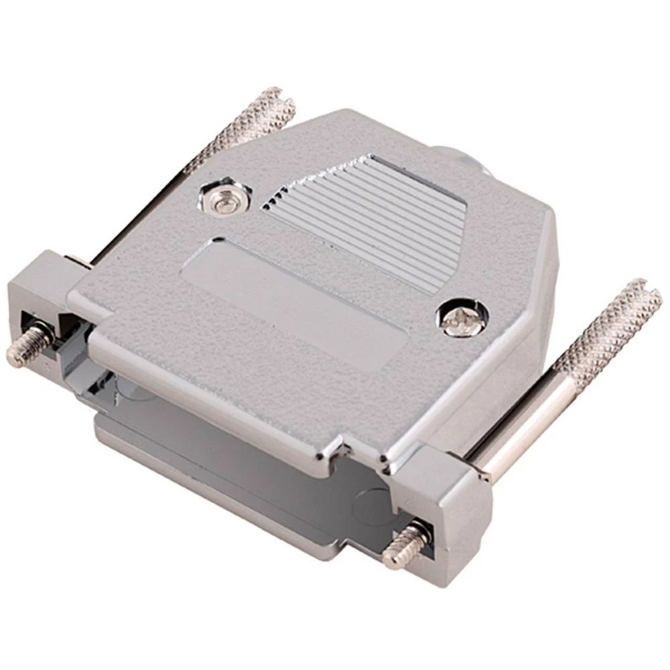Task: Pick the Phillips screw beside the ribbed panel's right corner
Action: pyautogui.click(x=460, y=316)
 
